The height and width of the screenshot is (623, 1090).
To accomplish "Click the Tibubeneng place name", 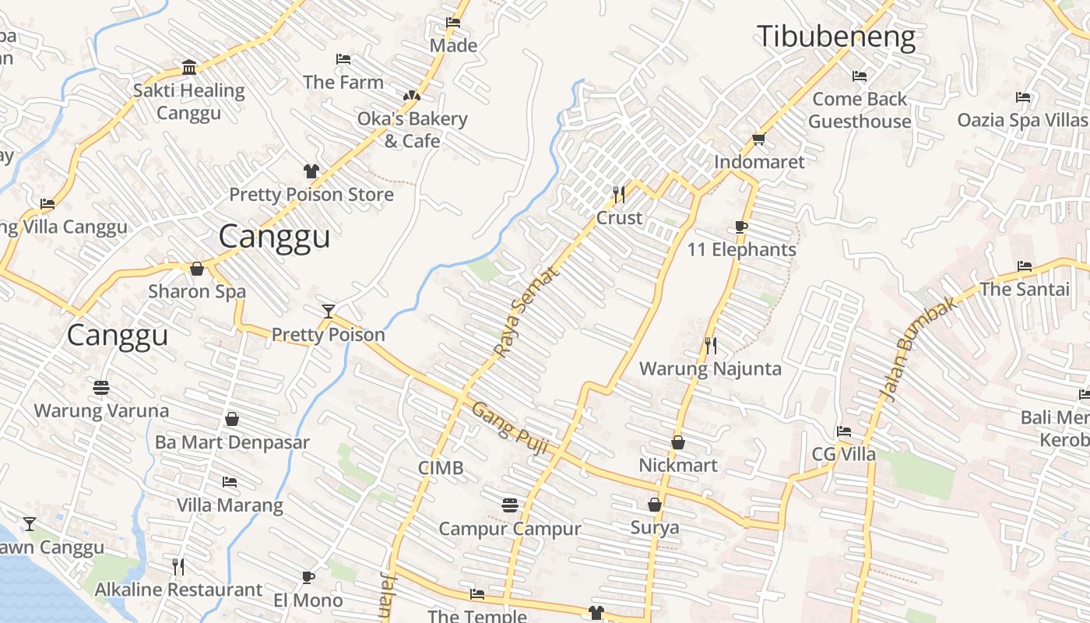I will (835, 37).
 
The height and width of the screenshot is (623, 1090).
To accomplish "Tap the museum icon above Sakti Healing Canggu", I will (188, 66).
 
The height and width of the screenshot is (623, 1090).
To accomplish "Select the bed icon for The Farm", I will (343, 59).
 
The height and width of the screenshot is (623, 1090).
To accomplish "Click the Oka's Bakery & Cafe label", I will (412, 129).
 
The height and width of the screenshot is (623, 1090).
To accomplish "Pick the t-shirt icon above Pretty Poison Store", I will (311, 171).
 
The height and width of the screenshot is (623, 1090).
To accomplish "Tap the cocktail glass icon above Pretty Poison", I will (329, 311).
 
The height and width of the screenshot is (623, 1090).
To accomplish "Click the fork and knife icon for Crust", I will (619, 194).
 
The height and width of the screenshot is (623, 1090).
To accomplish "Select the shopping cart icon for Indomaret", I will (758, 139).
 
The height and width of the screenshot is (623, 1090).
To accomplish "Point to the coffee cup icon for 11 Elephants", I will (741, 227).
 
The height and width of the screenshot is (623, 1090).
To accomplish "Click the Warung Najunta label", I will (710, 368).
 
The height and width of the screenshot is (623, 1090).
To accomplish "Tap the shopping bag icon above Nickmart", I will (678, 442).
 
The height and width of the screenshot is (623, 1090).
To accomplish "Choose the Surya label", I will (655, 527).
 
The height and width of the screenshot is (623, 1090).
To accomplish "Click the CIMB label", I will (441, 468).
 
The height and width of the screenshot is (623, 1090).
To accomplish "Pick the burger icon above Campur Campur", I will (509, 505).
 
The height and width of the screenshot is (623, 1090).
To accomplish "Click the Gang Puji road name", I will (511, 430).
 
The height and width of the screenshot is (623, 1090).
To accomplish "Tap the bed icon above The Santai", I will (1024, 266).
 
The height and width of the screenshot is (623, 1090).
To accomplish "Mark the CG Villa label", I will (843, 454).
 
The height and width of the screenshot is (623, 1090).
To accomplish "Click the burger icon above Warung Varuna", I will (101, 387).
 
